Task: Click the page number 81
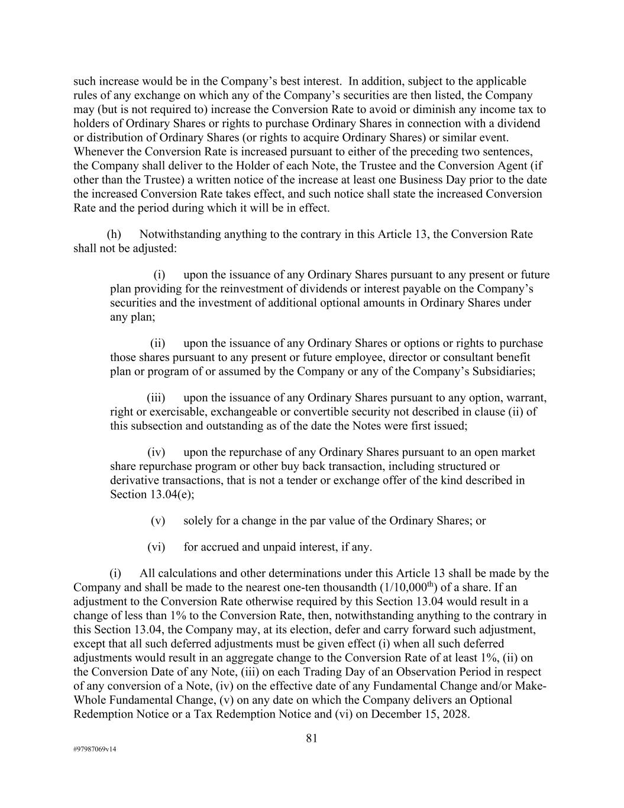pos(312,738)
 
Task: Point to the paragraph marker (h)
pos(114,234)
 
